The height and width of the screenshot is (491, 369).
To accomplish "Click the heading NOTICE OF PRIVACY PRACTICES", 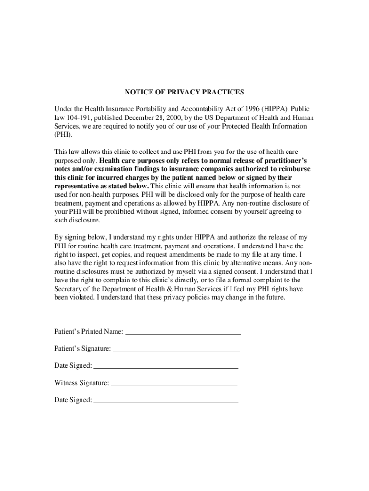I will [x=184, y=92].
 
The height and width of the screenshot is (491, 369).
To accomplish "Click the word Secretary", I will [x=69, y=289].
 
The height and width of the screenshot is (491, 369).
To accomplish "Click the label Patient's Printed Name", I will [x=88, y=332].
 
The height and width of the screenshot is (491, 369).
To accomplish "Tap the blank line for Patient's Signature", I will [x=176, y=350].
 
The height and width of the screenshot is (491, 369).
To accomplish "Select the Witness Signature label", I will [x=81, y=383].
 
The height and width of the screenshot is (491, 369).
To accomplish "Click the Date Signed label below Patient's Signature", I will [x=73, y=366].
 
